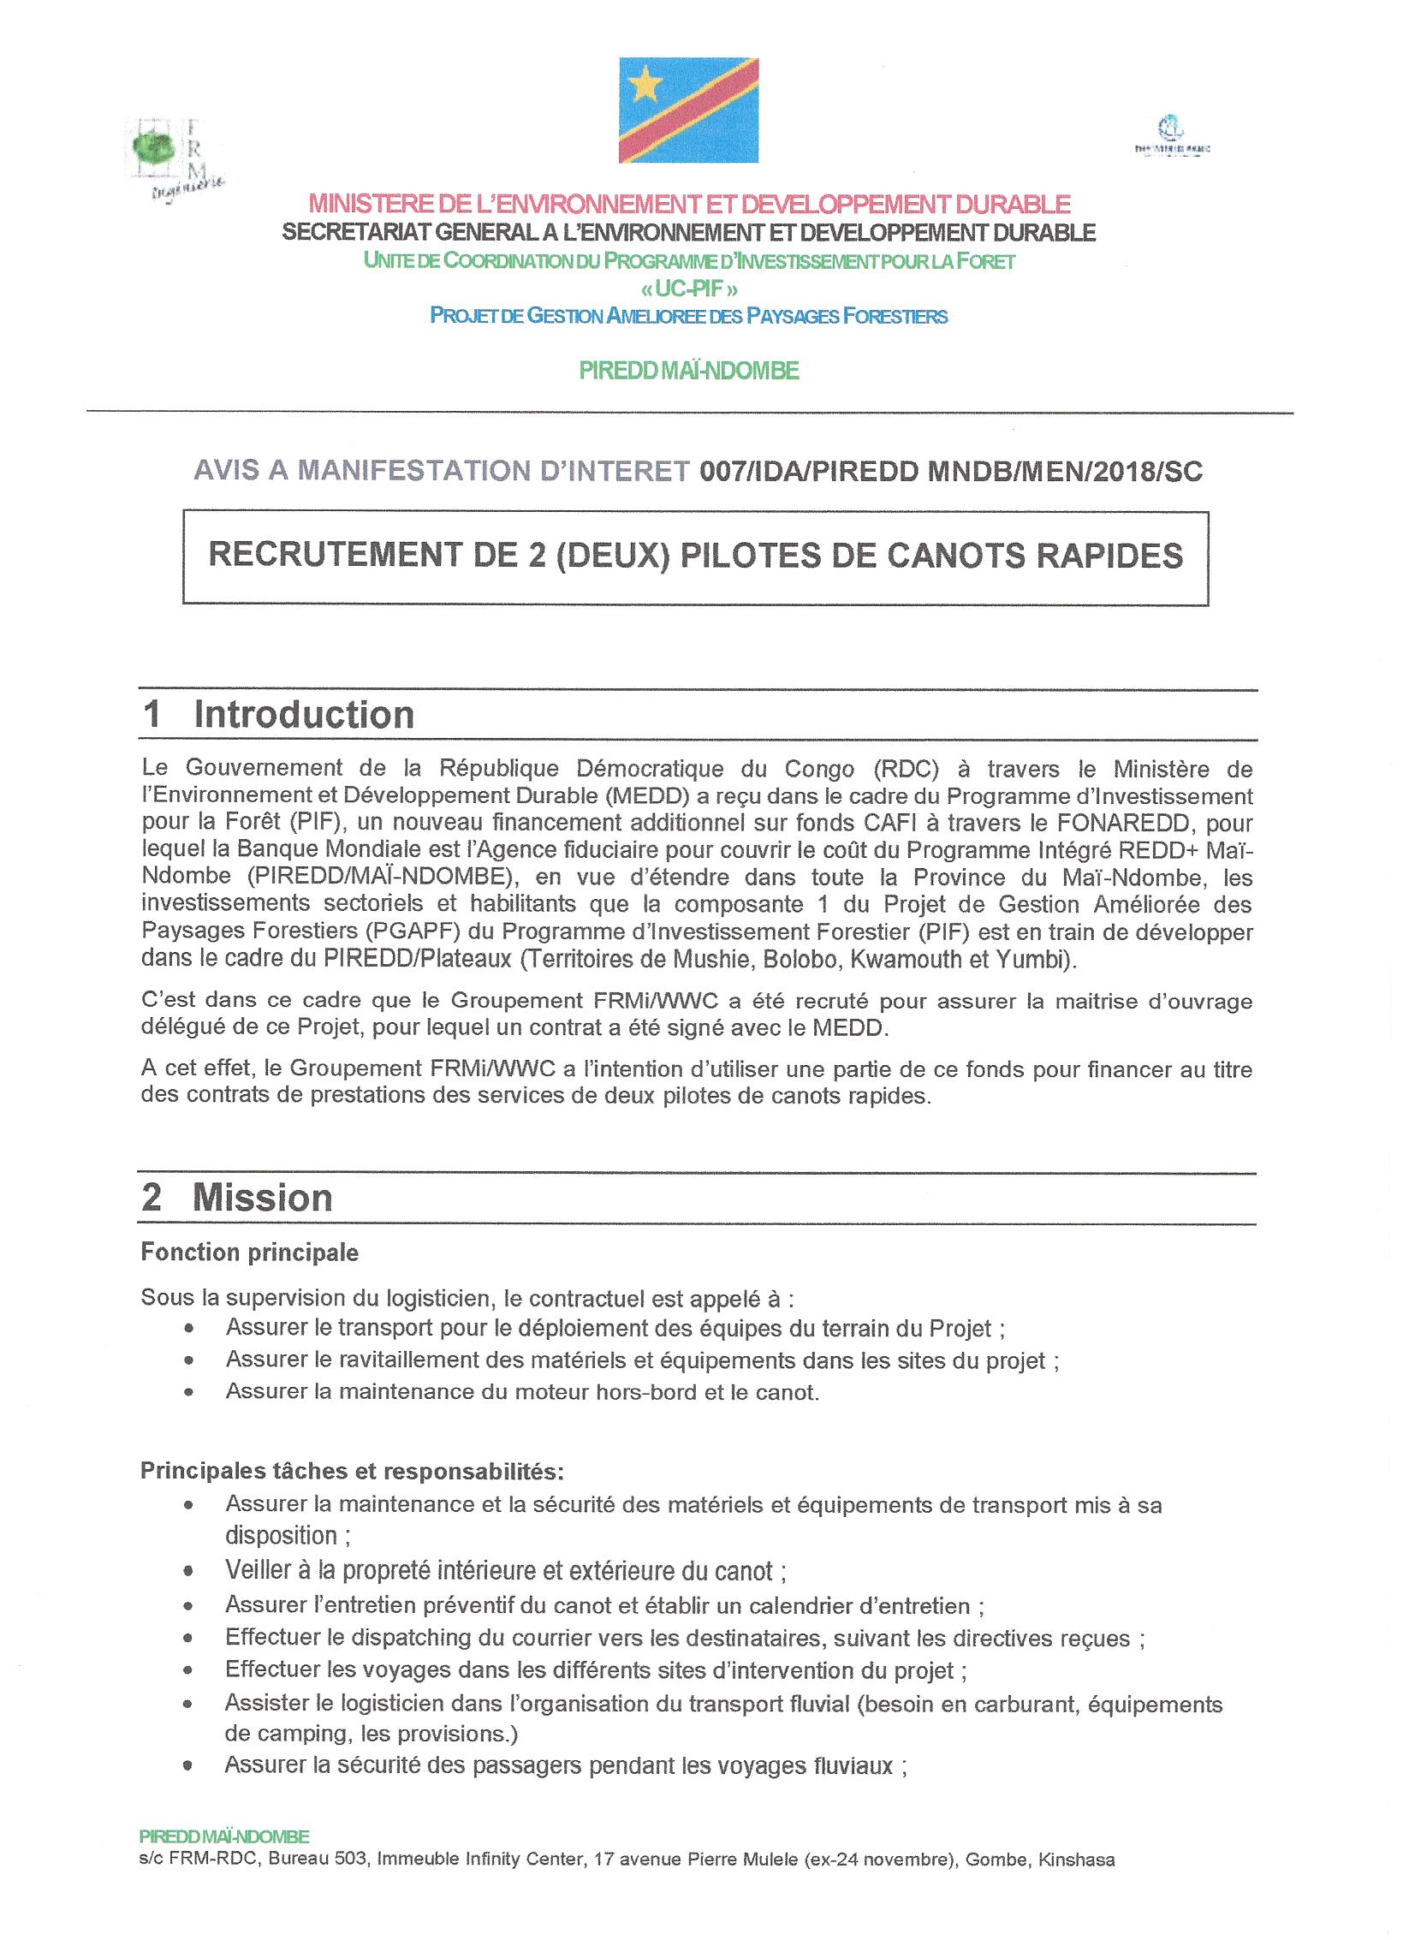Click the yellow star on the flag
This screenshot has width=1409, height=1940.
[x=647, y=84]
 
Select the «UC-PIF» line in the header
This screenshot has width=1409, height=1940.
[x=689, y=289]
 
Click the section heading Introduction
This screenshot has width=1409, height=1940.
[x=304, y=715]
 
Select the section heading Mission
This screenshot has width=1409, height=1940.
[x=262, y=1198]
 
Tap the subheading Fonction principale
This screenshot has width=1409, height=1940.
[x=249, y=1253]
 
